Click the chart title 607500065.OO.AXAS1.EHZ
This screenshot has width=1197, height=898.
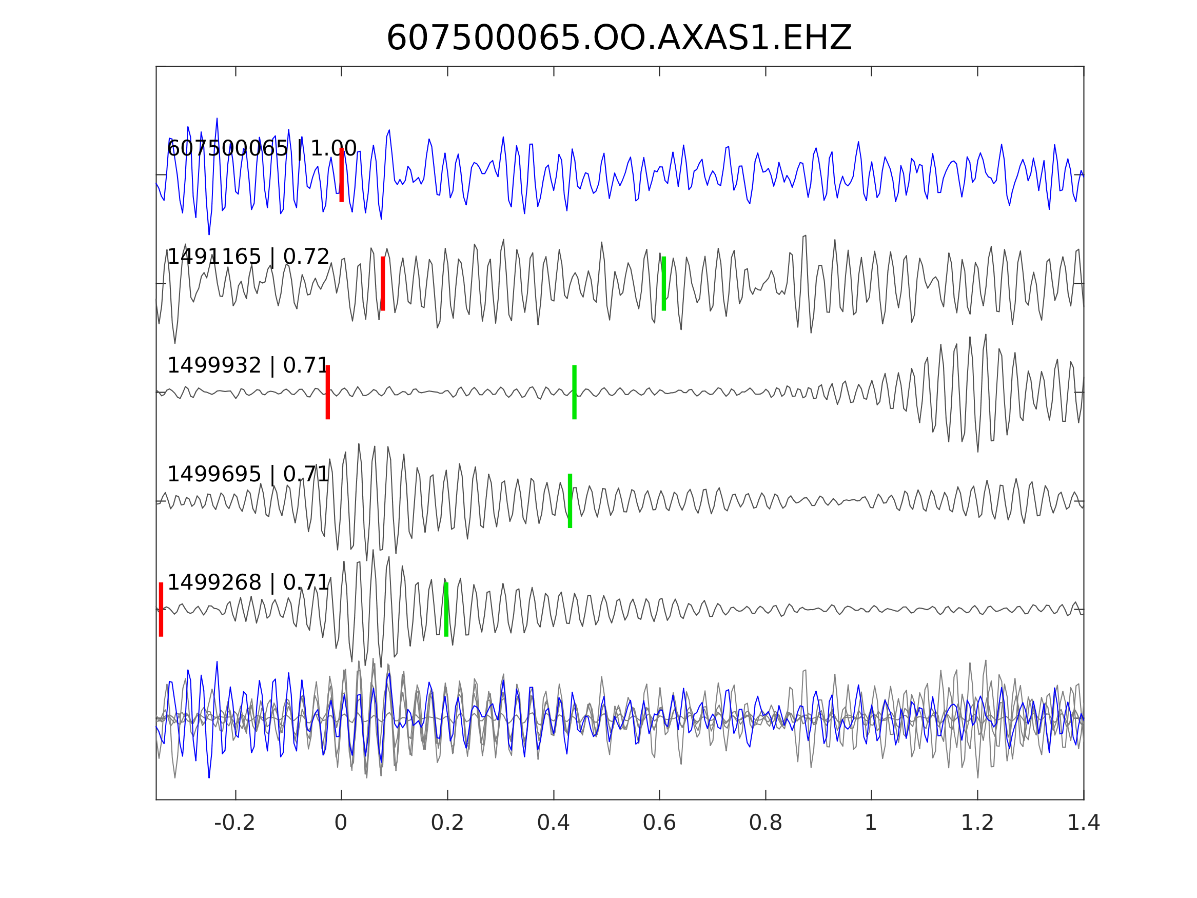(619, 38)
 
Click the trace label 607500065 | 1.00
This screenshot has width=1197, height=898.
(261, 148)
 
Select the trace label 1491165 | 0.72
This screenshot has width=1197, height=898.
(248, 257)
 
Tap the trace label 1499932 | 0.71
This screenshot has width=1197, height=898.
(248, 366)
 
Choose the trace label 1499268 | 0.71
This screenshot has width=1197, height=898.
(248, 582)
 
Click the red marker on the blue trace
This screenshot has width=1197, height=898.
(342, 175)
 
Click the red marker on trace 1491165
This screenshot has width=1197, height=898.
(383, 284)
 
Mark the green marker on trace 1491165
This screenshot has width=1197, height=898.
(664, 284)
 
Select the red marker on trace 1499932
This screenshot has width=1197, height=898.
(328, 392)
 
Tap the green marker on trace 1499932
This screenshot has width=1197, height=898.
(574, 392)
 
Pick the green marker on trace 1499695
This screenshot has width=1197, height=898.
(570, 501)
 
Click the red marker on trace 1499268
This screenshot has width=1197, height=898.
(161, 610)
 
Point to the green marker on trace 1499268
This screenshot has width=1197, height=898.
(446, 610)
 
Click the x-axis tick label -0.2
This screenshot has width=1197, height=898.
(234, 823)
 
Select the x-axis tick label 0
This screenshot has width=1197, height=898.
(341, 823)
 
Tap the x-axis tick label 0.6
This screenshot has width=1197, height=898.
(659, 823)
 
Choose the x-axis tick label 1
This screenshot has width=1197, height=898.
(871, 823)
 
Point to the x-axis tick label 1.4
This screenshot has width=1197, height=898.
(1084, 823)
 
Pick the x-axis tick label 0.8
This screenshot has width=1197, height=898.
(765, 823)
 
